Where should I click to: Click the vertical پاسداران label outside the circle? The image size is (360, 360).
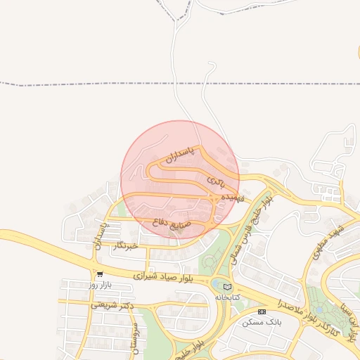click(x=103, y=236)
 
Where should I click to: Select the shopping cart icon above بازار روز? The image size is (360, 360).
click(x=101, y=274)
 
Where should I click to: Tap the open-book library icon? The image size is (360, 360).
click(x=226, y=286)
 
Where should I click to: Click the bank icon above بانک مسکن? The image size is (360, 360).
click(x=262, y=311)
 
